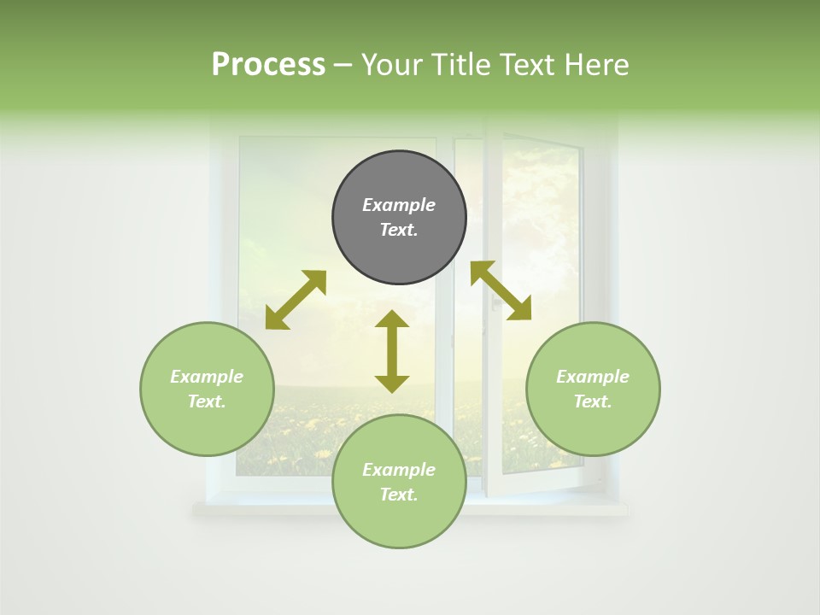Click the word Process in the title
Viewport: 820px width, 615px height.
[x=268, y=65]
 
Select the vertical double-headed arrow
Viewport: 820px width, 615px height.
[x=392, y=352]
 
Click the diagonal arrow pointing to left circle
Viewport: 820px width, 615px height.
[x=296, y=300]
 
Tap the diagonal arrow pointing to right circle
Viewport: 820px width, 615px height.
[x=501, y=291]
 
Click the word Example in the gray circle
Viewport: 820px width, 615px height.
[x=399, y=205]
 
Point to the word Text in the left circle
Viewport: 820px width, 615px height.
[x=207, y=401]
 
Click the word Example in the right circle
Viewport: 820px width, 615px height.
[x=593, y=377]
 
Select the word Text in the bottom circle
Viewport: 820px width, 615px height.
[x=399, y=495]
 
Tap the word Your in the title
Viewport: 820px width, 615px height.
[x=390, y=65]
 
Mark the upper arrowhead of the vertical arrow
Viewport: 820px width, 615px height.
[x=392, y=319]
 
